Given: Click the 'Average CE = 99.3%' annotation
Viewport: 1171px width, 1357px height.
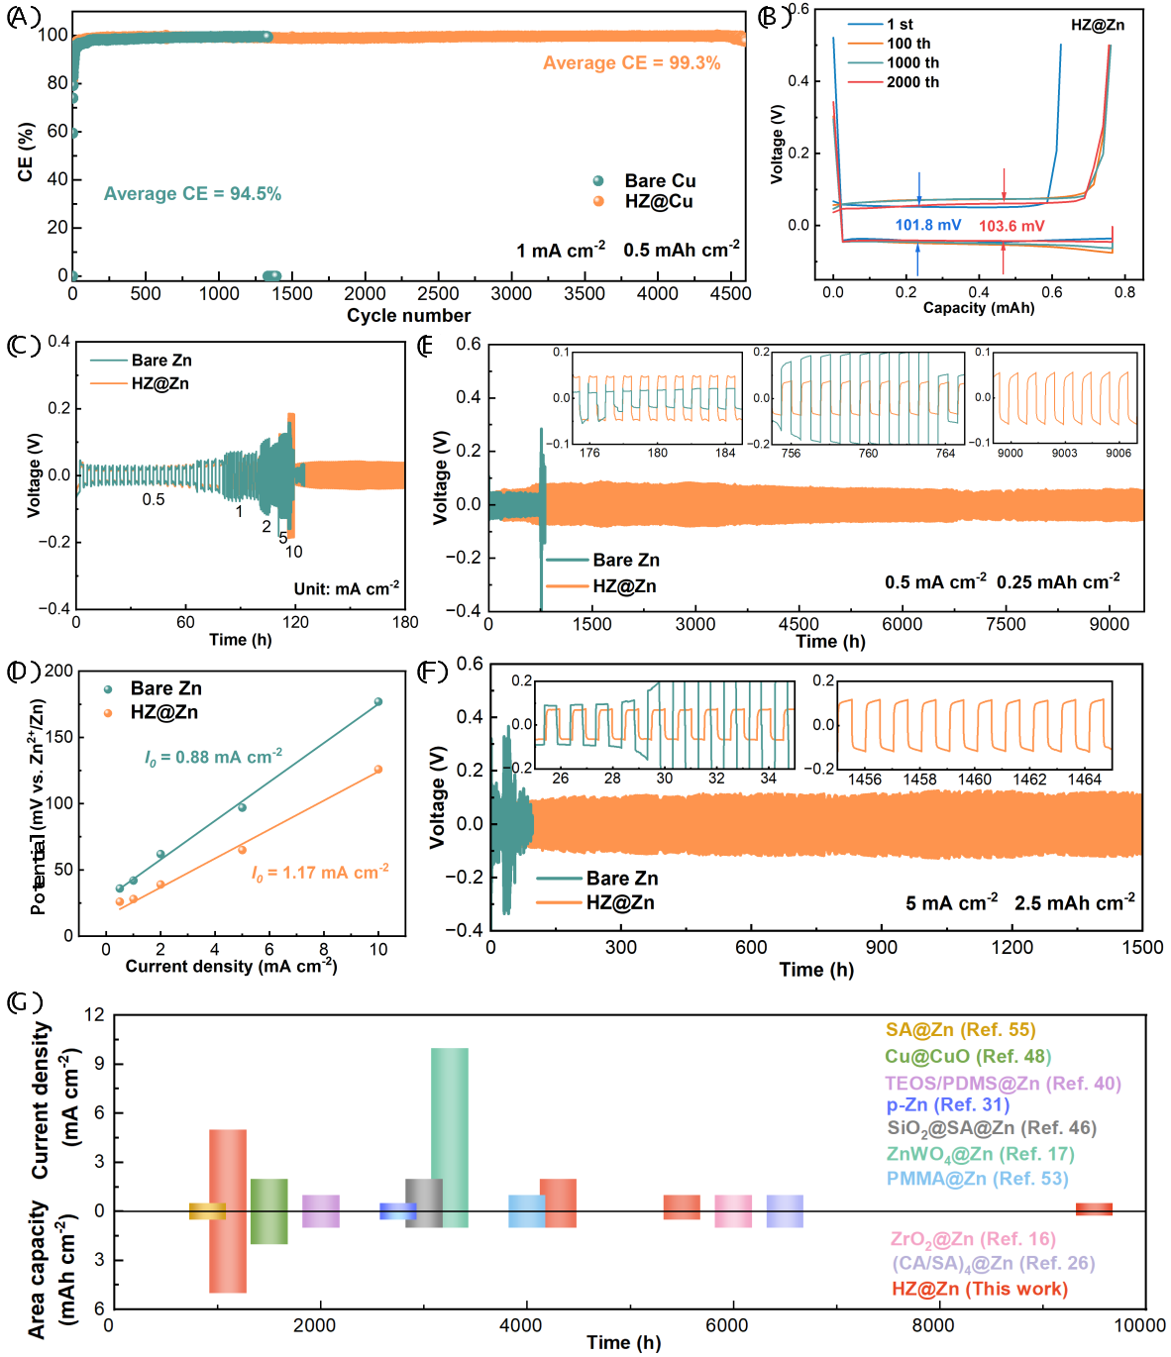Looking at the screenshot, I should pyautogui.click(x=631, y=63).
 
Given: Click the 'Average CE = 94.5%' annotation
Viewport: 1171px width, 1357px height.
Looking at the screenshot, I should pyautogui.click(x=192, y=194).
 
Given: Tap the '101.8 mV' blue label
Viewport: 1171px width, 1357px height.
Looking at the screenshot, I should pyautogui.click(x=927, y=225).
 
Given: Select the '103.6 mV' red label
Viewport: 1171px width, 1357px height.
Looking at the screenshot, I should pyautogui.click(x=1011, y=226).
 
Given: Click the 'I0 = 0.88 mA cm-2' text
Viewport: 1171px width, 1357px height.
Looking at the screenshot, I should pyautogui.click(x=213, y=758).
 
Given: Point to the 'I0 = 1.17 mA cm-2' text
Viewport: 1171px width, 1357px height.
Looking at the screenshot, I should pyautogui.click(x=319, y=873).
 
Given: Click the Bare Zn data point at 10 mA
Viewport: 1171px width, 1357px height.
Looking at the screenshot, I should pyautogui.click(x=377, y=702).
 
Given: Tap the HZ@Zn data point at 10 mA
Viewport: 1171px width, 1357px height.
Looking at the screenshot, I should pyautogui.click(x=377, y=770).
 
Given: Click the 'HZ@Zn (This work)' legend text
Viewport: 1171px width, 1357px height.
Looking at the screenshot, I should pyautogui.click(x=979, y=1289).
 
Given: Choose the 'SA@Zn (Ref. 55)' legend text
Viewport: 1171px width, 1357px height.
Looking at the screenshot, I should pyautogui.click(x=960, y=1030).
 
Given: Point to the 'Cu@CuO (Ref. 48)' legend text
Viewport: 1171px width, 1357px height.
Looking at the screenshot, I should pyautogui.click(x=968, y=1057).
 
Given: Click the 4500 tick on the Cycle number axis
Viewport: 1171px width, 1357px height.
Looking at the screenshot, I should pyautogui.click(x=731, y=293).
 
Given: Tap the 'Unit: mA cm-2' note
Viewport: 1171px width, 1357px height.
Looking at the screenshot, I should pyautogui.click(x=346, y=589).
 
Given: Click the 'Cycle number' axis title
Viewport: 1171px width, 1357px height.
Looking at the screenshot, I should pyautogui.click(x=408, y=316).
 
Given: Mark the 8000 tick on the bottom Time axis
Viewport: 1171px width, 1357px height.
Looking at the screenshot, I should pyautogui.click(x=932, y=1325).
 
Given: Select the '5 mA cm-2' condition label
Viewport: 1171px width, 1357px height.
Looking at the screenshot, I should pyautogui.click(x=951, y=903).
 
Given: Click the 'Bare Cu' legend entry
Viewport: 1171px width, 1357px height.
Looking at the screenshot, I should pyautogui.click(x=660, y=180).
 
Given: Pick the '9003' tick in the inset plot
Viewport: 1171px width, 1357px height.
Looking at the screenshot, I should pyautogui.click(x=1064, y=453).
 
